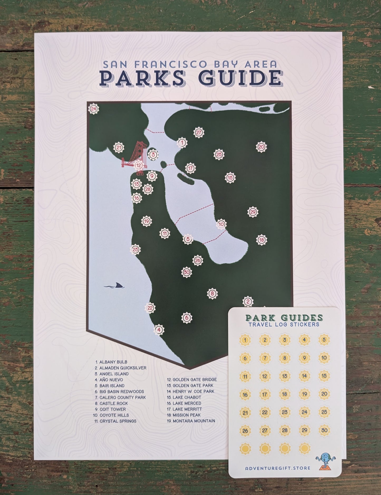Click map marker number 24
(x=93, y=109)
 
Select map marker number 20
(x=261, y=147)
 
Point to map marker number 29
(x=253, y=212)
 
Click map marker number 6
(x=187, y=318)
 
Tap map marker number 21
(x=119, y=148)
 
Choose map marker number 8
(x=212, y=293)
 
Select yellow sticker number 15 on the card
(x=324, y=376)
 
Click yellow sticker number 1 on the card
(x=245, y=340)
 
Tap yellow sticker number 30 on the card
(x=324, y=430)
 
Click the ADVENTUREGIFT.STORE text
(x=277, y=468)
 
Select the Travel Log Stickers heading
(x=284, y=324)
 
